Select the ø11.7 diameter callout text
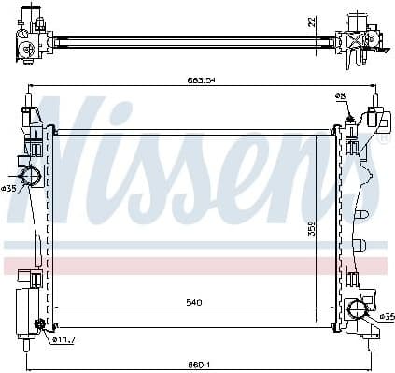63,340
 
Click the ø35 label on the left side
9,189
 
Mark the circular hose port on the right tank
356,310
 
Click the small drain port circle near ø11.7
39,325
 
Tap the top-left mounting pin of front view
29,98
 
